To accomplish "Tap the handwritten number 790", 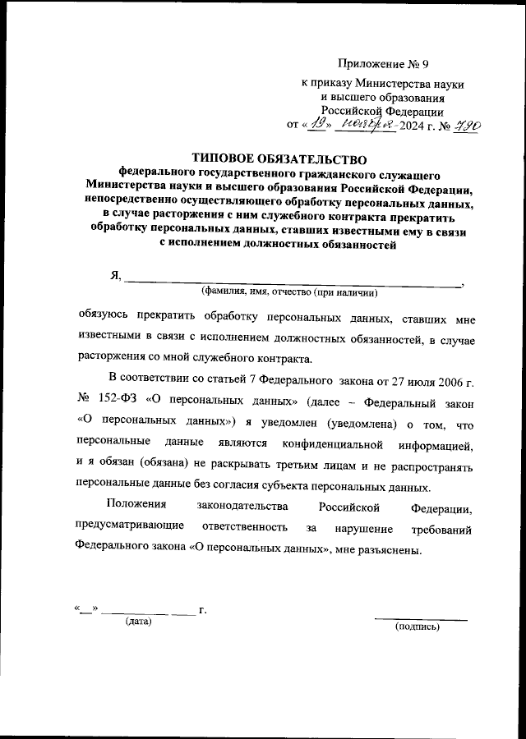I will pos(464,125).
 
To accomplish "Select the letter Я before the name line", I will pos(115,276).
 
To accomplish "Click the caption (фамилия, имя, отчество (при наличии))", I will pos(289,292).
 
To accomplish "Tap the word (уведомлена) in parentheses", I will pos(359,425).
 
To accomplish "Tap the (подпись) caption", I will pos(418,627).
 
